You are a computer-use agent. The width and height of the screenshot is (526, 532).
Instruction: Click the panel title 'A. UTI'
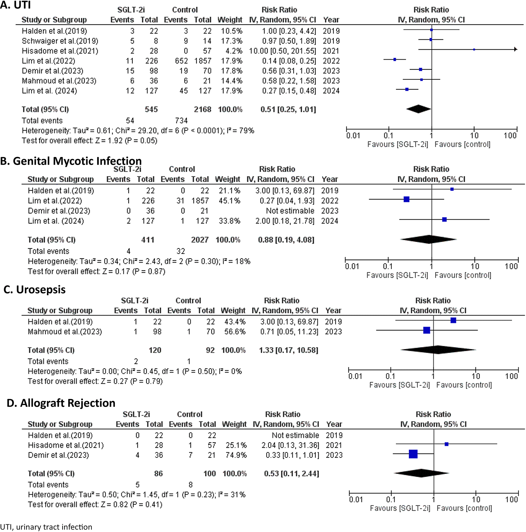tap(15, 5)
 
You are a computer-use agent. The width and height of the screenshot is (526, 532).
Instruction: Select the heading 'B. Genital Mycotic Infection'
tap(71, 161)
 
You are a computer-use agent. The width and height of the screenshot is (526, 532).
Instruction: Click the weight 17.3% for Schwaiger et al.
tap(232, 41)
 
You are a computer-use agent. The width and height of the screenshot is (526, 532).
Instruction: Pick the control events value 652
tap(181, 61)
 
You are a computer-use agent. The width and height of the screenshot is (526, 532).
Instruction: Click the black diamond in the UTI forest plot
tap(419, 109)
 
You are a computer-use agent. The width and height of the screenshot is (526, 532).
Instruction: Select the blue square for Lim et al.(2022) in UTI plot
tap(395, 59)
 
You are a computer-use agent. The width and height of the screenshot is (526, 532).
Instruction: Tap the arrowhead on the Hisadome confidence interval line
tap(516, 49)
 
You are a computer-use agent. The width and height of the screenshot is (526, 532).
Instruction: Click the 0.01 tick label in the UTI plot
tap(353, 135)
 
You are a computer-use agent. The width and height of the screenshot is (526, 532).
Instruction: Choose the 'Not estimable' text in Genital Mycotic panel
tap(290, 211)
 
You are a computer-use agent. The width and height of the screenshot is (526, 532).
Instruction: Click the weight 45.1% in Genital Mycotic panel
tap(229, 201)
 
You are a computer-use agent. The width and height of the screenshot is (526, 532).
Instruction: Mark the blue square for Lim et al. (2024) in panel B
tap(444, 220)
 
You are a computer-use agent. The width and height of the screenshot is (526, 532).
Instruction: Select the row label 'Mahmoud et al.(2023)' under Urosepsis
tap(65, 332)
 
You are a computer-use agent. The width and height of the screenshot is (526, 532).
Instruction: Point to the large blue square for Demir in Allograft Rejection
tap(413, 454)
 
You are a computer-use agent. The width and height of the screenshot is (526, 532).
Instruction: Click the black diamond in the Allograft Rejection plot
tap(421, 473)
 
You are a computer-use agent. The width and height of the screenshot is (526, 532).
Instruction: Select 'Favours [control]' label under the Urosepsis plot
tap(464, 385)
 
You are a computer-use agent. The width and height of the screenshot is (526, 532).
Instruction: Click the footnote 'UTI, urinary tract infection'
tap(46, 527)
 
